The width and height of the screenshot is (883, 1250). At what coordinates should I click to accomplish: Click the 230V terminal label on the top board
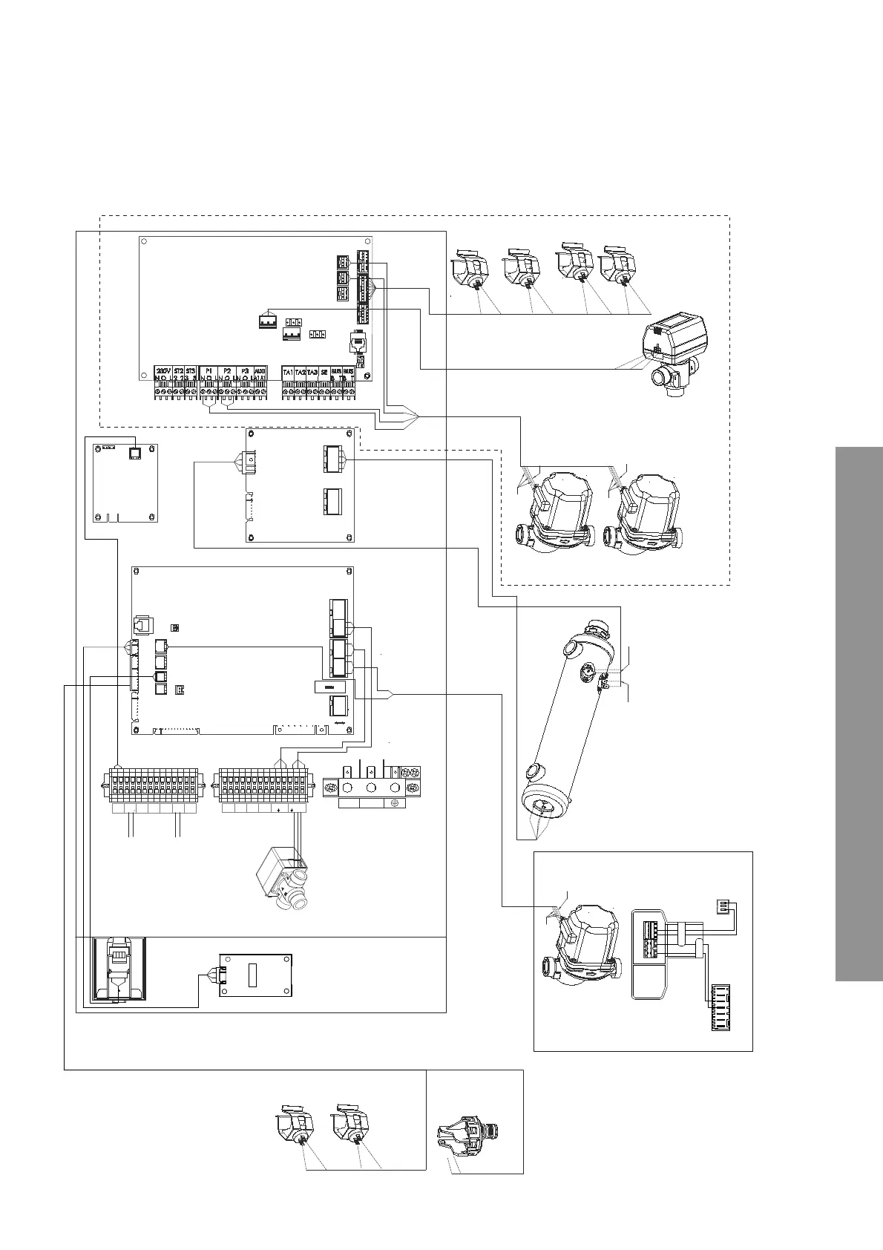pos(163,370)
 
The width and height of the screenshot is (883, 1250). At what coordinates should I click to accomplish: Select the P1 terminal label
pos(209,370)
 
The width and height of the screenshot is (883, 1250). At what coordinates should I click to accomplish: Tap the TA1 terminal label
pos(288,371)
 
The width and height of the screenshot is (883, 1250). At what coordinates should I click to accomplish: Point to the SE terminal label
pos(324,371)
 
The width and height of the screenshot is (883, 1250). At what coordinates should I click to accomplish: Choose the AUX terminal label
pos(260,370)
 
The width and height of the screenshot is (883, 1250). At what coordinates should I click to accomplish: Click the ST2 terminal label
pos(179,370)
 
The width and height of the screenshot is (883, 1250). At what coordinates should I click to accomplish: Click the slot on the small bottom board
pos(252,974)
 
